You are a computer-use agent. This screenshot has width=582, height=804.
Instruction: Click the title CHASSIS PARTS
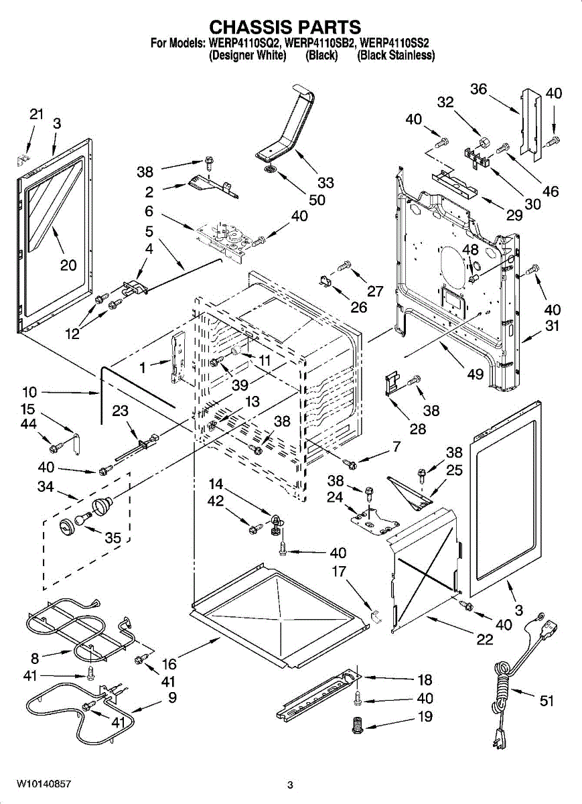pos(285,27)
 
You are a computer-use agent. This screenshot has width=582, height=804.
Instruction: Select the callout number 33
pos(326,182)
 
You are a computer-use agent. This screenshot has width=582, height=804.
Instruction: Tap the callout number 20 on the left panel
pos(68,265)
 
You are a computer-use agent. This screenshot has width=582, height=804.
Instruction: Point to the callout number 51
pos(547,701)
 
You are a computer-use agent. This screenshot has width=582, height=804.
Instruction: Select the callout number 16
pos(169,664)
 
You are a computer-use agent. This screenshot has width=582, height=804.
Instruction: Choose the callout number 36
pos(478,88)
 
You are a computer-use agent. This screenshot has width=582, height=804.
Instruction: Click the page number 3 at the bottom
pos(290,785)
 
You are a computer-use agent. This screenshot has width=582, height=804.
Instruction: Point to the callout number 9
pos(173,697)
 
